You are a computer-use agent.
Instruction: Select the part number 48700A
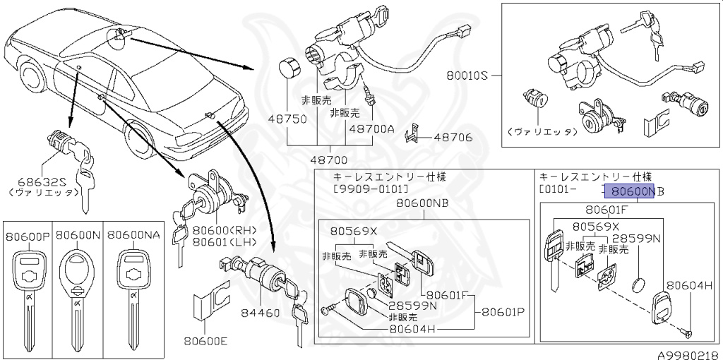coord(371,129)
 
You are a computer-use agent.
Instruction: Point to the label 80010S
coord(467,74)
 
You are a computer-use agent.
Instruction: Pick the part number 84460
coord(260,313)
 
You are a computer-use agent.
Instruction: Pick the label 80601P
coord(504,311)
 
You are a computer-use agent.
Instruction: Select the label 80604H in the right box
coord(691,285)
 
